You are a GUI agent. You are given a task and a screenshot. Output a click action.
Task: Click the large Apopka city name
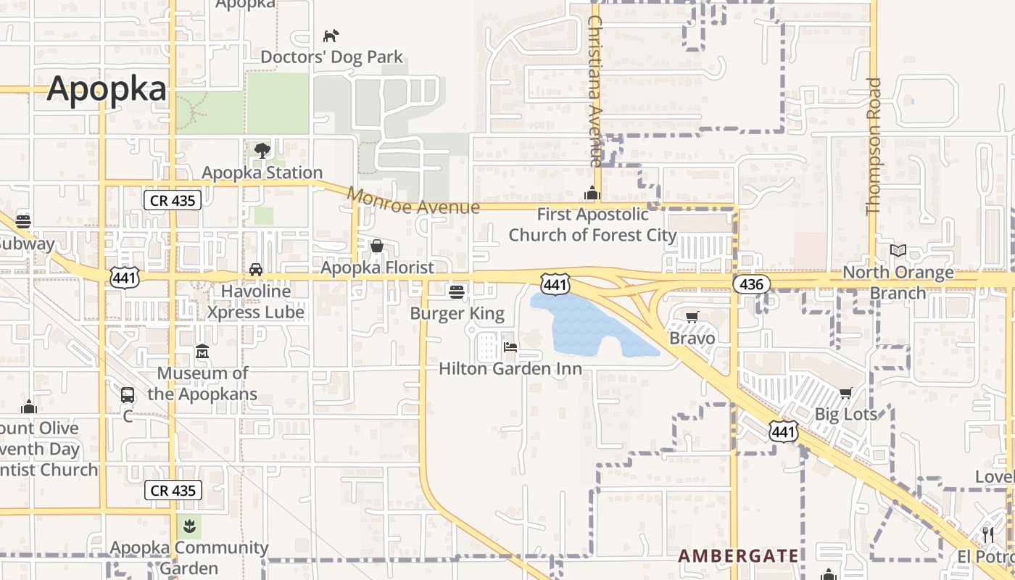point(107,89)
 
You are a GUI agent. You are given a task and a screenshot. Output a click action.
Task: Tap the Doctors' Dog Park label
point(331,57)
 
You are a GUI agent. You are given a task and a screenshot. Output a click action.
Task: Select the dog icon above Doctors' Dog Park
point(331,36)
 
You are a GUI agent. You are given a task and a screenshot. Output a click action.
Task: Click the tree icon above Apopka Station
point(262,151)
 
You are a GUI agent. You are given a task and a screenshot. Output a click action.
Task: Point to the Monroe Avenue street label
point(413,202)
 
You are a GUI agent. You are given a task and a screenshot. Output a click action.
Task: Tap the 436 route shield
point(751,283)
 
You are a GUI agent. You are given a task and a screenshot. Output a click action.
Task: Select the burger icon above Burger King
point(456,291)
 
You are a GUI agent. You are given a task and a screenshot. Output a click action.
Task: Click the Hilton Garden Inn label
point(510,368)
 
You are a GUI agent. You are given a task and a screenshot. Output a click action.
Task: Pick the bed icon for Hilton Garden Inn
point(510,347)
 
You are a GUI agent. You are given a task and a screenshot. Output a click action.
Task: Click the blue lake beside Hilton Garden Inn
point(587,326)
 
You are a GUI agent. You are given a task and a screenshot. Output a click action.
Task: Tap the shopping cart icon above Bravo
point(692,317)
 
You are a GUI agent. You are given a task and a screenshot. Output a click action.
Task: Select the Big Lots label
point(846,414)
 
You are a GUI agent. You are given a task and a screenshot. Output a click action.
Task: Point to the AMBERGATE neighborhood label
point(738,556)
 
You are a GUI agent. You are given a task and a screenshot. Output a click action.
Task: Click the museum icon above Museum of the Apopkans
point(202,352)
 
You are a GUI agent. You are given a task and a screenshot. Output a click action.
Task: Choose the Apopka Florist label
point(377,268)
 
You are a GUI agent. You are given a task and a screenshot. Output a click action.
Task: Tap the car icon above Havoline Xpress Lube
point(256,270)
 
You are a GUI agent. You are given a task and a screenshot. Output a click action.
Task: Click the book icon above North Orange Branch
point(898,250)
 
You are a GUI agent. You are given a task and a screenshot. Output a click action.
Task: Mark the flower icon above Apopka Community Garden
point(189,525)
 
